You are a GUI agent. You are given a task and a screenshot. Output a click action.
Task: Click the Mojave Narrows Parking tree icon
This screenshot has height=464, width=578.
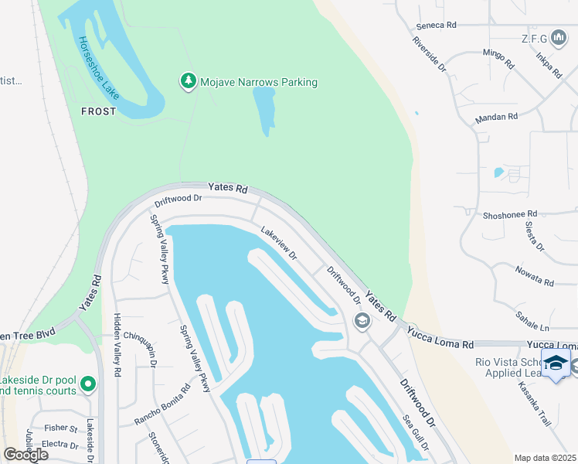coord(188,81)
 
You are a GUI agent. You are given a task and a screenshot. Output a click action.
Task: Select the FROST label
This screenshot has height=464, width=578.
coord(99,111)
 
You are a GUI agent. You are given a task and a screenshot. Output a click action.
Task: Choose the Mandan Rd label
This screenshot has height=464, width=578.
coord(497,117)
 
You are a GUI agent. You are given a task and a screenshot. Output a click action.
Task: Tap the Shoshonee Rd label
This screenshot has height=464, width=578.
coord(509,214)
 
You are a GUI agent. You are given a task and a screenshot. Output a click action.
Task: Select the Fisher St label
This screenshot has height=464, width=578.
coord(61,428)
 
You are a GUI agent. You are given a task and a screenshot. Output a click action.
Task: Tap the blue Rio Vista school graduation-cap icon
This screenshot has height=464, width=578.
coord(556,363)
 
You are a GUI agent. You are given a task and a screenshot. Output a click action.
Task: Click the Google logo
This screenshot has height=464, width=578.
coord(25,454)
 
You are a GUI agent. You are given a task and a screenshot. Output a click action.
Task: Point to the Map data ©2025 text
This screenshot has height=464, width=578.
coord(545,458)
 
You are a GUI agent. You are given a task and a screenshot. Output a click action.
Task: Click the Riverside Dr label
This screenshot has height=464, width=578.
coord(430,54)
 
